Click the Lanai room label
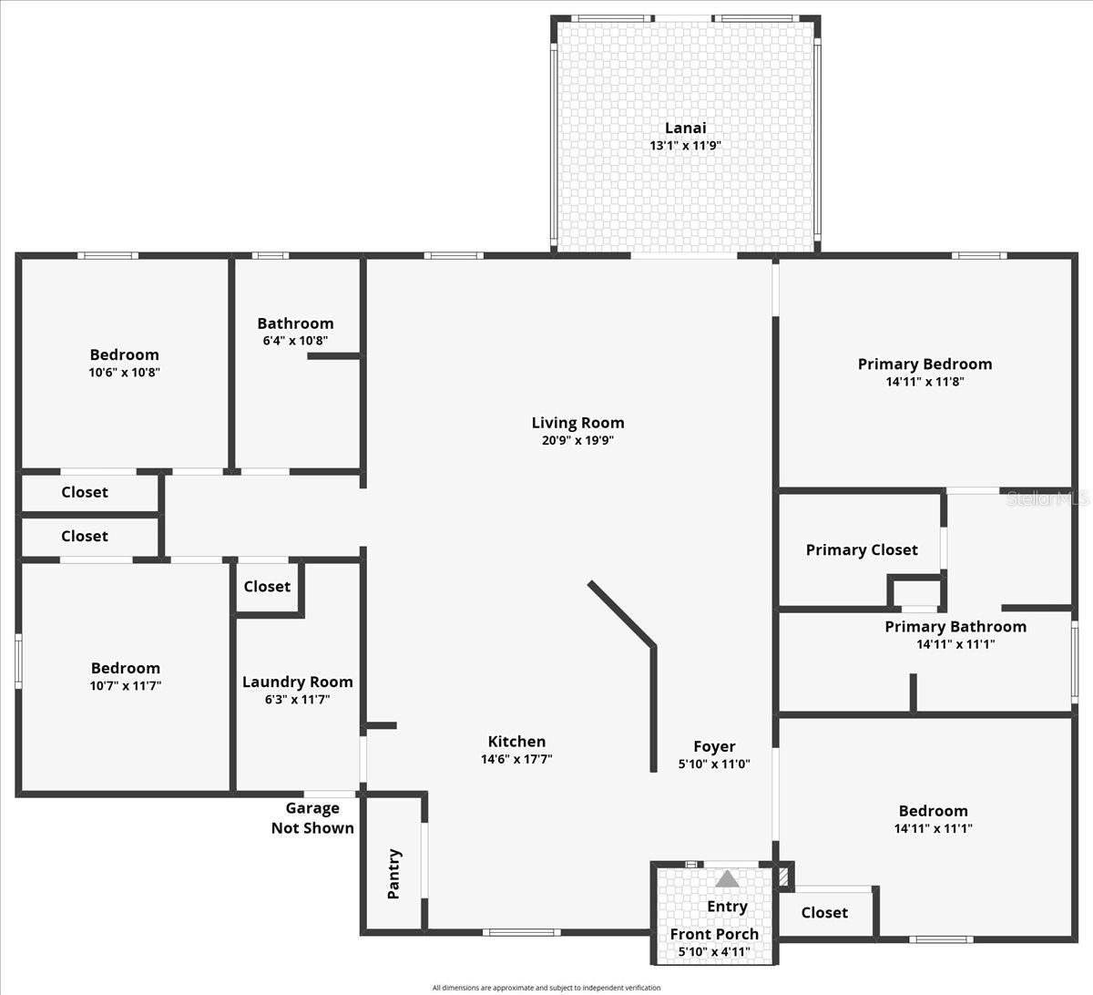(685, 128)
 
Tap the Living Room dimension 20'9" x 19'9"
(577, 440)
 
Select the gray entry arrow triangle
(727, 879)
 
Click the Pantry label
(393, 874)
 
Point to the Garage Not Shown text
(312, 818)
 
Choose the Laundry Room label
(297, 682)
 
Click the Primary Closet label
(862, 549)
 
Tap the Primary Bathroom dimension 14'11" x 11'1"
(955, 644)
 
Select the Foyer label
(714, 746)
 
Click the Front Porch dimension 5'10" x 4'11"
(714, 952)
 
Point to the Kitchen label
(516, 742)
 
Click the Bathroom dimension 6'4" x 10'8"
(295, 341)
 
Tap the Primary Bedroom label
(924, 364)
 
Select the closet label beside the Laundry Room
(267, 586)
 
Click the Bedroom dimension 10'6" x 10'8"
(125, 372)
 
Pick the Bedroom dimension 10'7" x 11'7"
(126, 685)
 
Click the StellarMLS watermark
(1047, 498)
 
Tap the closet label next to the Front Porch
(824, 912)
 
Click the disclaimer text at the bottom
(546, 988)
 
